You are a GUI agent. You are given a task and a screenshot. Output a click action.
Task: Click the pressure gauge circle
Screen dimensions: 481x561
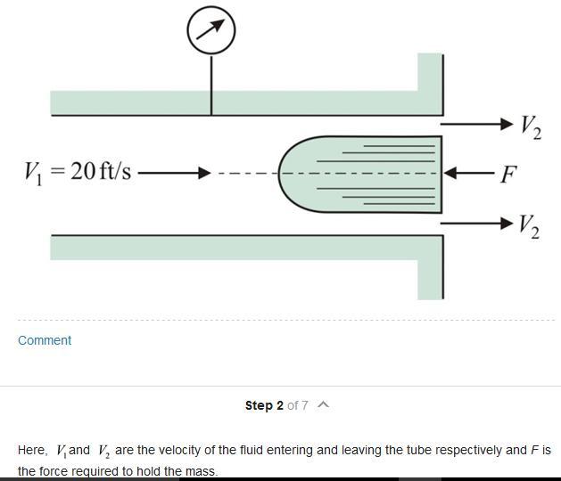click(x=211, y=30)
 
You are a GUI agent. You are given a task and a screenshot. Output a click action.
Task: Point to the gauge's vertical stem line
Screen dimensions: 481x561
click(x=211, y=85)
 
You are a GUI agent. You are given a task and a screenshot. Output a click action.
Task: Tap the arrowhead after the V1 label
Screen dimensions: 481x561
click(x=204, y=172)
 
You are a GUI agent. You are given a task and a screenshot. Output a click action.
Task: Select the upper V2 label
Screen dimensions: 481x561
click(x=530, y=126)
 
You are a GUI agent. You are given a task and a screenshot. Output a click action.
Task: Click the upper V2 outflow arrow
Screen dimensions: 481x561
click(x=477, y=124)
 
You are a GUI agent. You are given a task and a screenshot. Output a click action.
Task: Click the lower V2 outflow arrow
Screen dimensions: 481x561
click(x=477, y=222)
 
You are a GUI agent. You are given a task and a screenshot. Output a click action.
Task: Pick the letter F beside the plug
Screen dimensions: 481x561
click(x=507, y=174)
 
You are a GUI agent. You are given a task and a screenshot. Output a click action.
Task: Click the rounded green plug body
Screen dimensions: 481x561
click(x=357, y=174)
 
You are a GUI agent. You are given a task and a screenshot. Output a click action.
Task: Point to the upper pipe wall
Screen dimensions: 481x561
click(x=232, y=102)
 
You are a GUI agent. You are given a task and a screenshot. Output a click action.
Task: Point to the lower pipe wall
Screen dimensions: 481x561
click(x=232, y=247)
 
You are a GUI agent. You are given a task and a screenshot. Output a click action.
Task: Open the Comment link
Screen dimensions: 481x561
click(x=45, y=340)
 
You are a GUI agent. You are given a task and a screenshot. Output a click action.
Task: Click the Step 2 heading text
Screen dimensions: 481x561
click(x=264, y=405)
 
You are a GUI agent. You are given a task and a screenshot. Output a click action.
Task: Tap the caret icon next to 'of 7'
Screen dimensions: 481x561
click(x=323, y=405)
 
